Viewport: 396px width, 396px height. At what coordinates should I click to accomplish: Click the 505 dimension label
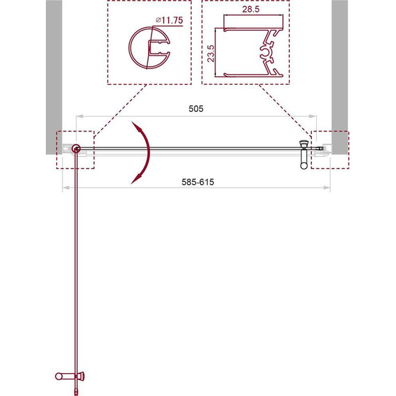point(197,109)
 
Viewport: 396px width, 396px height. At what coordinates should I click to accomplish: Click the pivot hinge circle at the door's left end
point(76,148)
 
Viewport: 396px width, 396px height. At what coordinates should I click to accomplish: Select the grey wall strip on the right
point(340,69)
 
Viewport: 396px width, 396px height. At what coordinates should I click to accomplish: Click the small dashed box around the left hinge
point(74,149)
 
